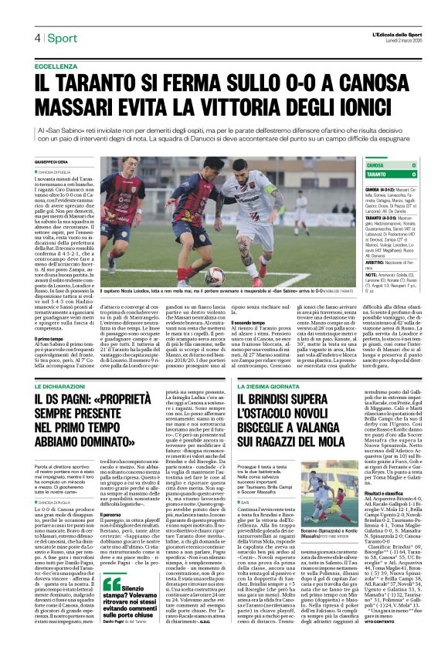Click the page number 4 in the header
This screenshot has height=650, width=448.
36,39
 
